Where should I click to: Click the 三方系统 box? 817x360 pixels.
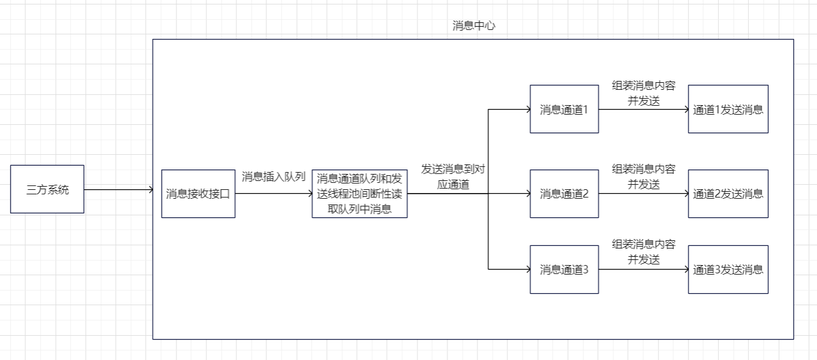[47, 189]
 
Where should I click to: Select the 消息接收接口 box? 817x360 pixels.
[198, 194]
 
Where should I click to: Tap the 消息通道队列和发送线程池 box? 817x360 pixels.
[359, 194]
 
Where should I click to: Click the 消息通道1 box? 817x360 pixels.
[564, 109]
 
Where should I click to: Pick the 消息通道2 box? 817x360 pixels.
[564, 194]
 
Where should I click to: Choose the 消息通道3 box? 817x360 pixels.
[564, 270]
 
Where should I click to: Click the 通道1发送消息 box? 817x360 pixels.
[728, 109]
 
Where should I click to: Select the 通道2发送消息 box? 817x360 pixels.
[728, 194]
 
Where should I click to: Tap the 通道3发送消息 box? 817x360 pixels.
[728, 270]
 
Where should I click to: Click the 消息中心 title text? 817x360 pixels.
[474, 26]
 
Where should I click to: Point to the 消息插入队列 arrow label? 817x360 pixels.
[273, 176]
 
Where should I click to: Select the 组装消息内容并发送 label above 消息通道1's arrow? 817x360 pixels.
[643, 94]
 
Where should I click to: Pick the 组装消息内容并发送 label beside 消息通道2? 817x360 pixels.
[643, 176]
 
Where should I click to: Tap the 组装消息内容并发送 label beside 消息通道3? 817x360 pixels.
[643, 252]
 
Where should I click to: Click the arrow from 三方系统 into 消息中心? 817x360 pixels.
[119, 189]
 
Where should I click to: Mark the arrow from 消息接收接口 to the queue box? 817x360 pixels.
[273, 194]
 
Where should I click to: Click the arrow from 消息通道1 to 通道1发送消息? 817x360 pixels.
[643, 109]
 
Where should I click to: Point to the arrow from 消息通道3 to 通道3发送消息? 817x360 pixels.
[643, 270]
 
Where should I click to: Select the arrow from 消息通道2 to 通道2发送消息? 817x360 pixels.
[643, 194]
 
